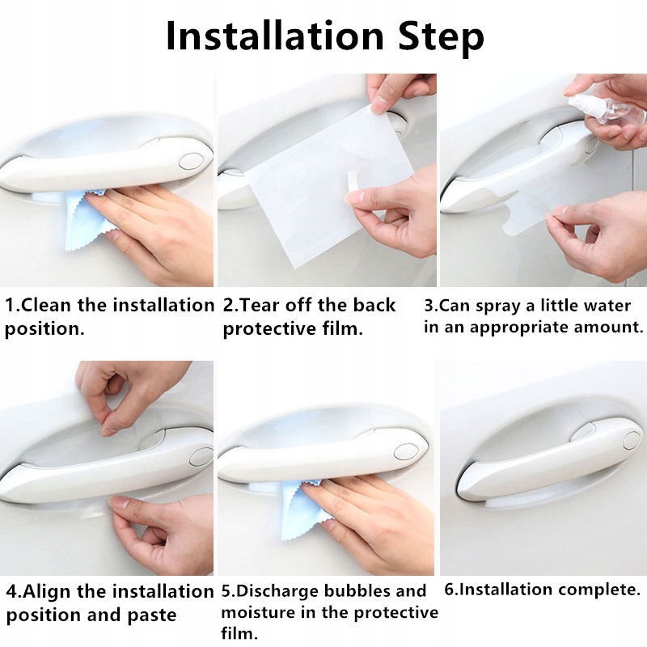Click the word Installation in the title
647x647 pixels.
pyautogui.click(x=275, y=36)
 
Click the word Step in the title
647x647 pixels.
pyautogui.click(x=441, y=38)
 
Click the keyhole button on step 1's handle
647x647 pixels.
pyautogui.click(x=191, y=160)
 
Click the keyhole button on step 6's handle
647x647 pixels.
pyautogui.click(x=632, y=440)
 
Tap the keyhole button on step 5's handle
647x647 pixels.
pyautogui.click(x=407, y=451)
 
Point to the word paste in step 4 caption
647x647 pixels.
pyautogui.click(x=151, y=616)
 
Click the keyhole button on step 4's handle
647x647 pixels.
pyautogui.click(x=201, y=455)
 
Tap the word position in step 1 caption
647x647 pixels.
pyautogui.click(x=44, y=329)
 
